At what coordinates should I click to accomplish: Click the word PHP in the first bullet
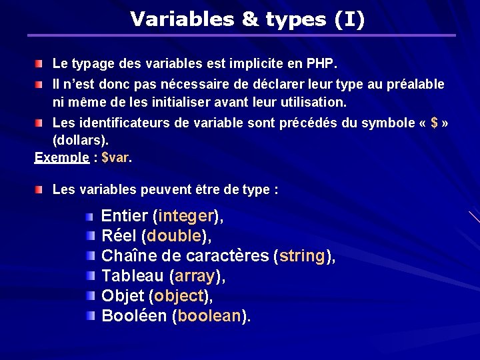coord(322,65)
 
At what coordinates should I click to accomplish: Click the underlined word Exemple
coord(61,158)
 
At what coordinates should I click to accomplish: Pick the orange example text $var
coord(116,158)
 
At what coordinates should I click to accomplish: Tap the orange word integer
coord(187,217)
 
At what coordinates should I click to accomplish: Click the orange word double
coord(175,236)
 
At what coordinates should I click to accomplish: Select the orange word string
coord(303,256)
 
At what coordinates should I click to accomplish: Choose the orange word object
coord(179,295)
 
